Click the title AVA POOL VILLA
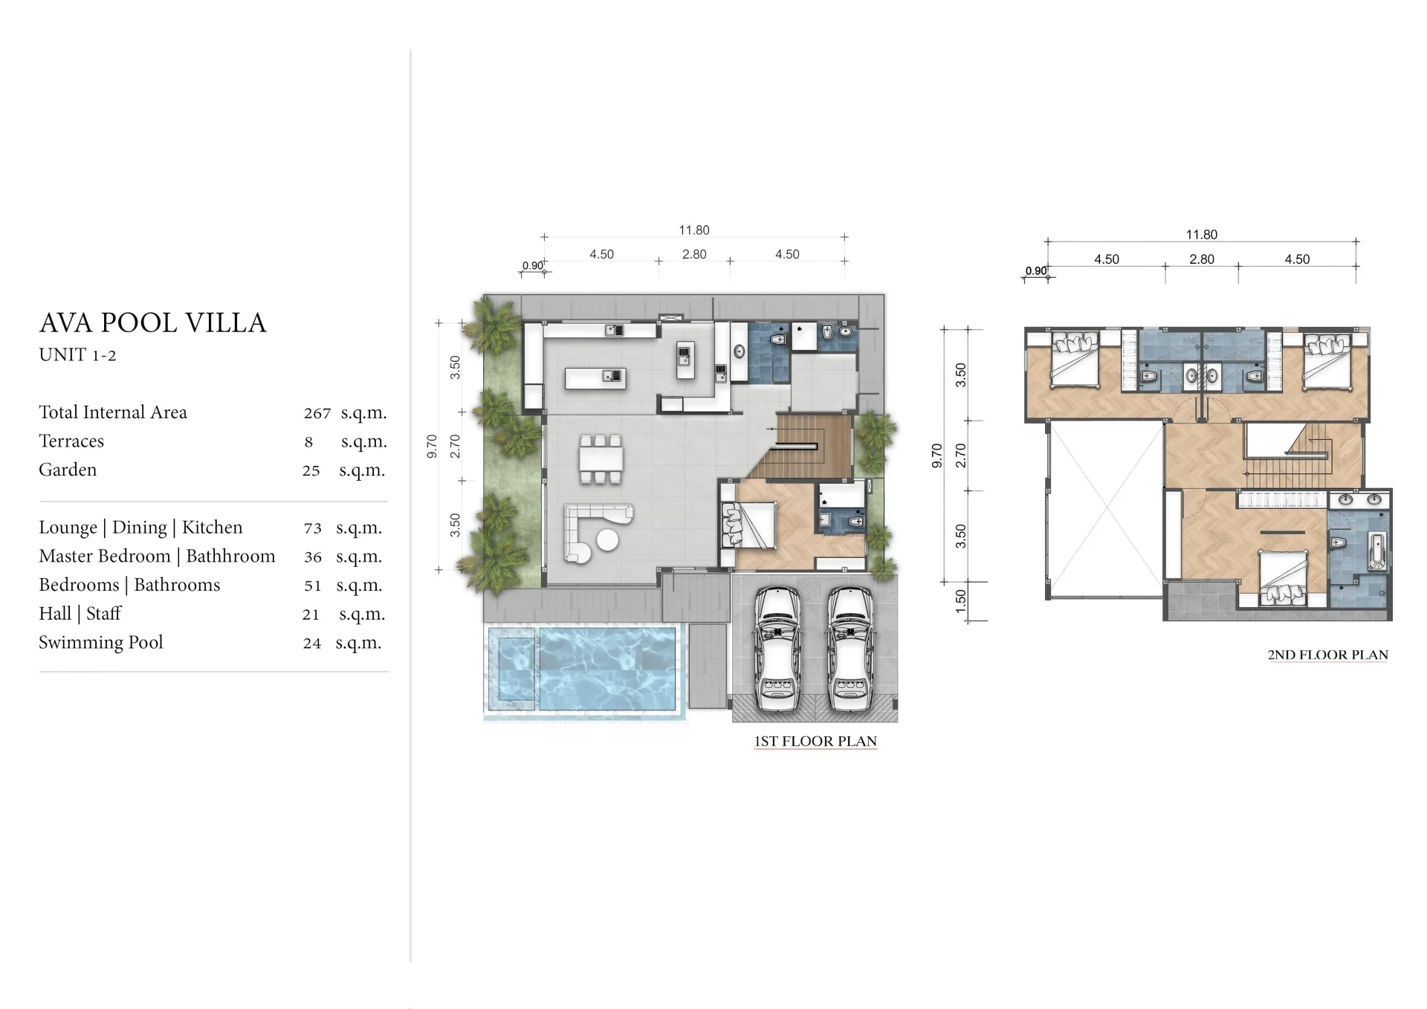point(152,322)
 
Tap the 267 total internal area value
point(317,413)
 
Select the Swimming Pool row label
point(100,642)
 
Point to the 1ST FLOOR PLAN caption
point(815,741)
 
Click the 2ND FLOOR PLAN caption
point(1327,655)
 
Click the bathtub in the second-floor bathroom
point(1376,551)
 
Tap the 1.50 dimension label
point(960,601)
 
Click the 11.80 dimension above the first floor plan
point(694,230)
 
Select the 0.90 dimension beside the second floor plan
point(1036,271)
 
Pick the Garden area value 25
point(311,471)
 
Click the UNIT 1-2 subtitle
point(77,355)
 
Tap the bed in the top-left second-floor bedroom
point(1075,360)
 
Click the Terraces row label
point(71,441)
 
